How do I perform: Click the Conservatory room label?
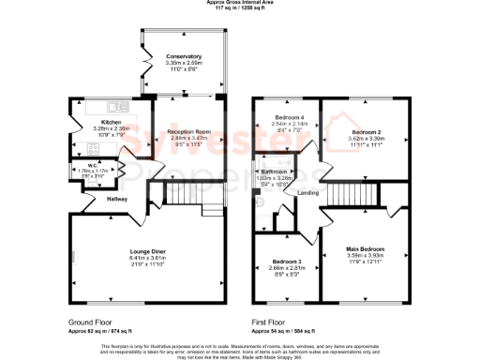tap(184, 56)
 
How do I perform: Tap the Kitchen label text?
tap(112, 123)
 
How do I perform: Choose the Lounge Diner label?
tap(148, 251)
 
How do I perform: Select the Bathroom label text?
tap(274, 172)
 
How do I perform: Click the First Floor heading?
tap(272, 322)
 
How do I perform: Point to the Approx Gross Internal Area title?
tap(240, 3)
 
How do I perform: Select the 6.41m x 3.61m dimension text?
tap(148, 258)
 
